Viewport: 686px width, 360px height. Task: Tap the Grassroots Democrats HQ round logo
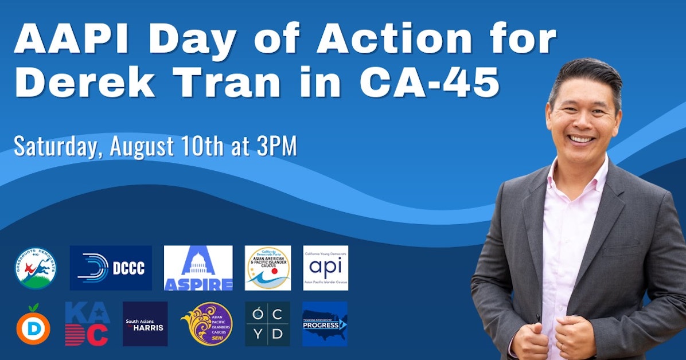[x=36, y=268]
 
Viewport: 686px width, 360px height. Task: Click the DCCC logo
[x=111, y=268]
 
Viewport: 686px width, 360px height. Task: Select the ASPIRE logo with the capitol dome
[x=198, y=268]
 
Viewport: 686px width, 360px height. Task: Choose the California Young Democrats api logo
[x=325, y=268]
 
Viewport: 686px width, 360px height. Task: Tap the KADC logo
[x=87, y=324]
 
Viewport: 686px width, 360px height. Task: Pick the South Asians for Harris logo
[x=145, y=324]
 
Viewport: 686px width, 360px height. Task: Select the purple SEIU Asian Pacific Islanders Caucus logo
[x=207, y=324]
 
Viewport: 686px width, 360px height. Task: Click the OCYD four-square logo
[x=267, y=324]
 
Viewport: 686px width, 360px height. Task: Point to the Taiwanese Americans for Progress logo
[x=325, y=324]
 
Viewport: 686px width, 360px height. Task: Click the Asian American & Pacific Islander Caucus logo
[x=267, y=268]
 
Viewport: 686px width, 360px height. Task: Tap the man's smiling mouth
[x=582, y=139]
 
